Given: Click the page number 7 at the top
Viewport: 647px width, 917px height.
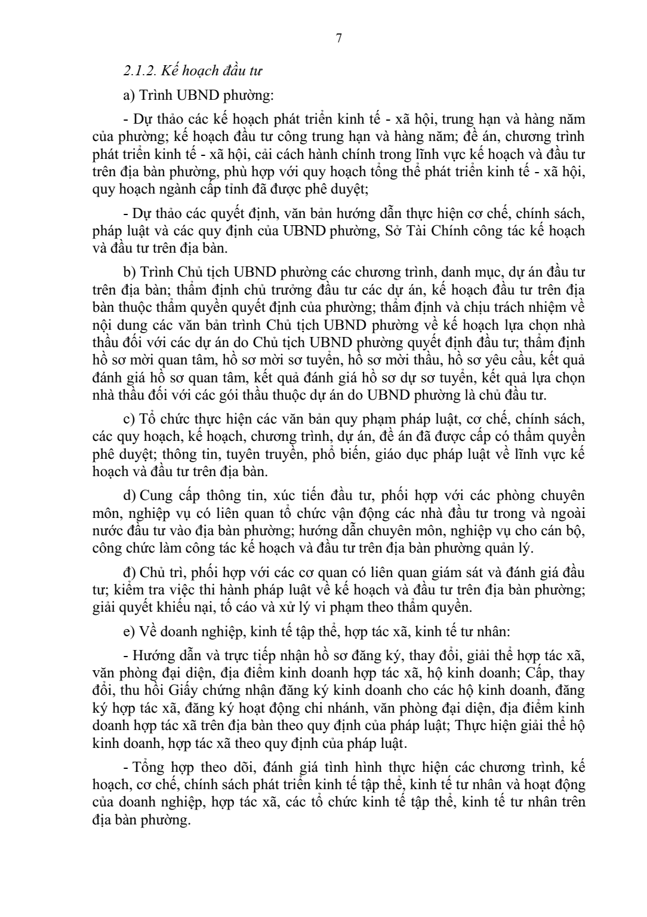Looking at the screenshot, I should tap(338, 39).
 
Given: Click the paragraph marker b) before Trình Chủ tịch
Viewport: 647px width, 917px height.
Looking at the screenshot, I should tap(128, 272).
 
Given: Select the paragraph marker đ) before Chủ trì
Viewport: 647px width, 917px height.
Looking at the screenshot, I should tap(128, 572).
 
